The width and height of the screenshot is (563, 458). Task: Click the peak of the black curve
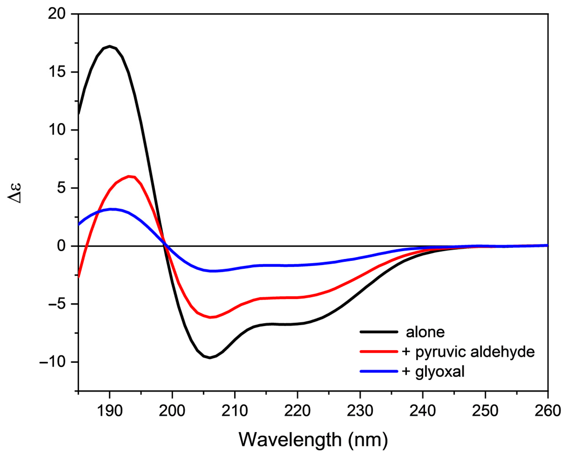pyautogui.click(x=110, y=46)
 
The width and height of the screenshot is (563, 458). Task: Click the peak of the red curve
pyautogui.click(x=129, y=176)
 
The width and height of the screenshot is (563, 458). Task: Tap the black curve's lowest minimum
pyautogui.click(x=210, y=358)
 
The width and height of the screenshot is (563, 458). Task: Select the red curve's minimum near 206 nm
pyautogui.click(x=210, y=317)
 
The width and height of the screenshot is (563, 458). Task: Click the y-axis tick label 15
pyautogui.click(x=57, y=72)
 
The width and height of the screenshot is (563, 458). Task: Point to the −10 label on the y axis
pyautogui.click(x=52, y=362)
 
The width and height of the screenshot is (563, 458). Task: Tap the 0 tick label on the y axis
pyautogui.click(x=61, y=246)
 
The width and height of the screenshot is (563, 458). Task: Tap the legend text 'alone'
pyautogui.click(x=425, y=332)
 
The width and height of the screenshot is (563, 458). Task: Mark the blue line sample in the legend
pyautogui.click(x=379, y=371)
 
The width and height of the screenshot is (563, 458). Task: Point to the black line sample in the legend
pyautogui.click(x=379, y=332)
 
